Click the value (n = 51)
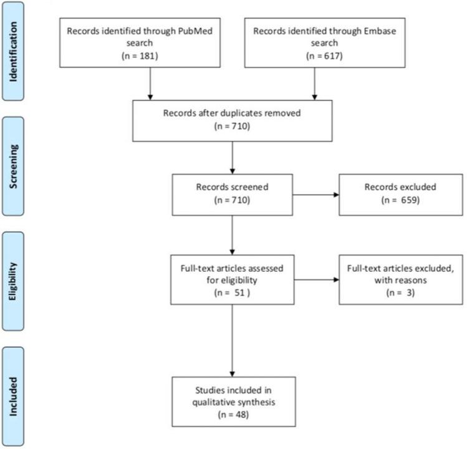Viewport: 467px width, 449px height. click(232, 291)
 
